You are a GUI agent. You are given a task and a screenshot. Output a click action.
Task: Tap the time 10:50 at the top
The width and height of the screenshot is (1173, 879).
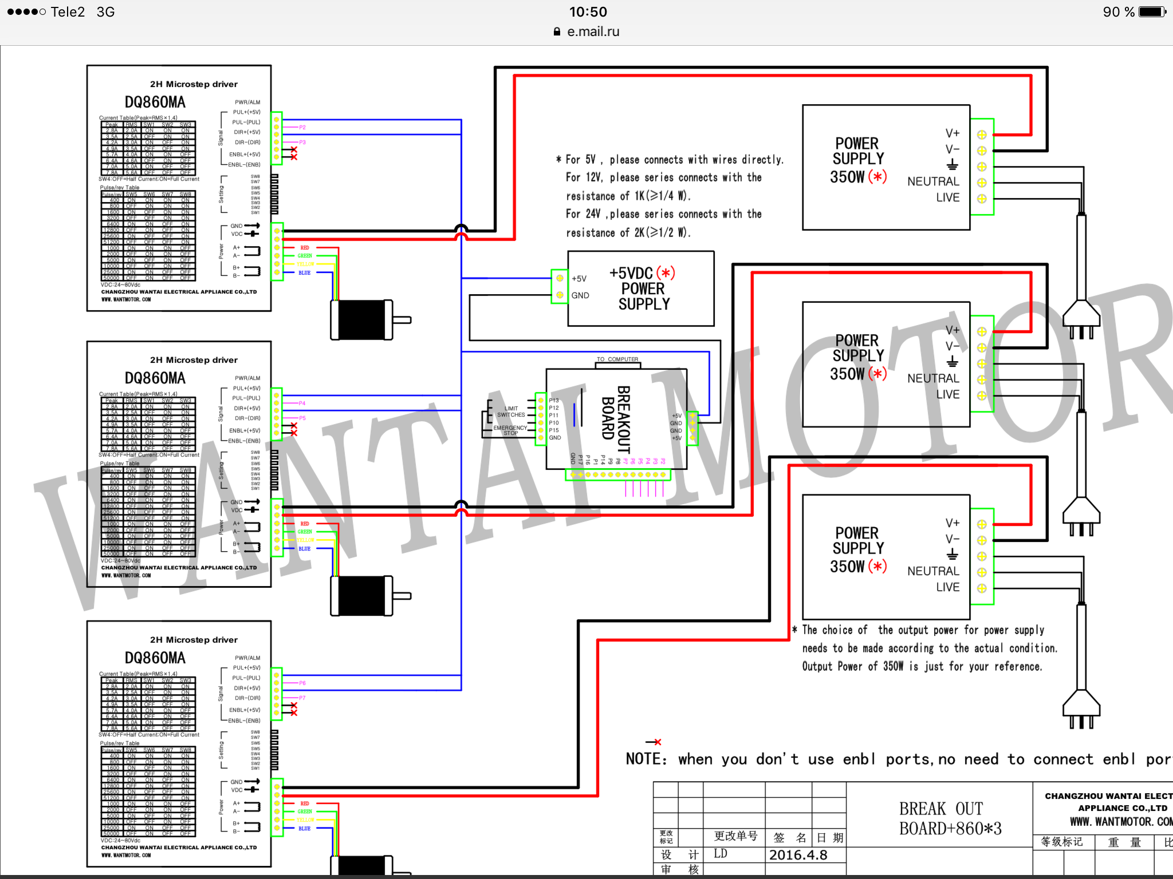(x=588, y=12)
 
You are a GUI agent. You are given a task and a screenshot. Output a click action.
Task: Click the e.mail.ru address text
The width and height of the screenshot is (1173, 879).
(x=593, y=31)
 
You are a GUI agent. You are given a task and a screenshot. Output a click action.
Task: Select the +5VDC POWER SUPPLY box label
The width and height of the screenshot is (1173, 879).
(x=643, y=288)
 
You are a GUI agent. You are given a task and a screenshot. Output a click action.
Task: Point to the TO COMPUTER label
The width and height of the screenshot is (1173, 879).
(x=617, y=359)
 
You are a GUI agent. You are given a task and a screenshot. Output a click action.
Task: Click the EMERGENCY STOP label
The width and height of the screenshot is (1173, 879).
(x=510, y=430)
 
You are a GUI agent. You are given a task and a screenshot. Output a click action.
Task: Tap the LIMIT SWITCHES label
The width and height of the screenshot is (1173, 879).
(x=511, y=412)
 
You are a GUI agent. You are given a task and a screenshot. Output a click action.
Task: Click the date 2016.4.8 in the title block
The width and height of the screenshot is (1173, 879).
(x=798, y=855)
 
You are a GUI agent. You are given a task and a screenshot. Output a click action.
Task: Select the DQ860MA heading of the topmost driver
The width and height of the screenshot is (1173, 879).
(x=155, y=102)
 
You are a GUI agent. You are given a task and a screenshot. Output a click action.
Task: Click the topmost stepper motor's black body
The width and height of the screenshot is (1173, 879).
(x=361, y=320)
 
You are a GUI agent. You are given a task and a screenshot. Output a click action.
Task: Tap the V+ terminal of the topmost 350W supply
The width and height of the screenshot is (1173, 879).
(x=982, y=135)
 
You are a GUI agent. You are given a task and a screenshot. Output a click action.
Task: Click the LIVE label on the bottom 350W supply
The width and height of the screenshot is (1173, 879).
(x=947, y=587)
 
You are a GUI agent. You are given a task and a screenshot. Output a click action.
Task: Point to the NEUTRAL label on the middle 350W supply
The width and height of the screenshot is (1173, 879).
(x=932, y=378)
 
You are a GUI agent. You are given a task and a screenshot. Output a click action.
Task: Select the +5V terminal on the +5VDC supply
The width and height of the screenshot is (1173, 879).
(x=560, y=279)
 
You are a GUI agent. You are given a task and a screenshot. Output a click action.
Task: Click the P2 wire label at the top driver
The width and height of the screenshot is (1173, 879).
(x=302, y=127)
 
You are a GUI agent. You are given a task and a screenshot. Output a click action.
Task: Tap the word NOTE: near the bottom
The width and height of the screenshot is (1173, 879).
(x=646, y=759)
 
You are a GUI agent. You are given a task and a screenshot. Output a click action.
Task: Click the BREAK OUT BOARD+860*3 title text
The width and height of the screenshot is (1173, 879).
(x=950, y=819)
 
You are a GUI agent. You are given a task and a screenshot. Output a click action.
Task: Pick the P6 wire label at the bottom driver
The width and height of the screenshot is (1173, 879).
(x=302, y=683)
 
